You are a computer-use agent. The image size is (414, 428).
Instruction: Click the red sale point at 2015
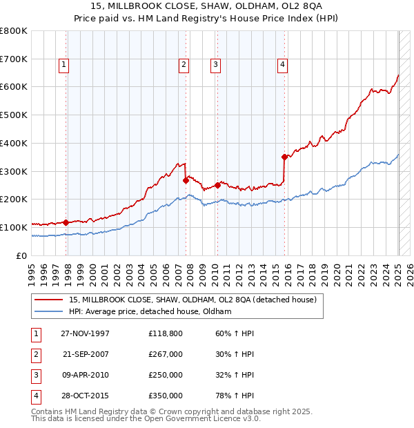point(284,157)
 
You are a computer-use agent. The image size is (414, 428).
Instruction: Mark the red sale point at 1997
point(66,222)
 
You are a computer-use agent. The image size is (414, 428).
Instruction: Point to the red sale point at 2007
point(186,180)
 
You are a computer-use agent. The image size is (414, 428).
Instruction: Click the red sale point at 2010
point(217,185)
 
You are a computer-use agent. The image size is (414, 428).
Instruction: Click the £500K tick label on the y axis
point(13,115)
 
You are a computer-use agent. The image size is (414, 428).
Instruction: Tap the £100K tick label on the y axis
point(13,227)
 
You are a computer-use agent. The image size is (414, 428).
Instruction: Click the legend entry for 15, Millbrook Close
point(193,300)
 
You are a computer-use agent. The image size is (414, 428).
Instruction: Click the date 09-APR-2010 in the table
point(86,375)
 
